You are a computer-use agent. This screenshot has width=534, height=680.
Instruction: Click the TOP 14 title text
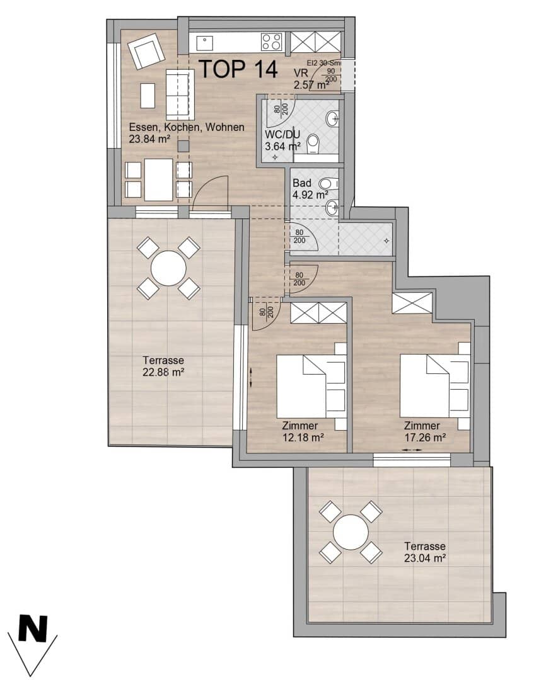(x=238, y=69)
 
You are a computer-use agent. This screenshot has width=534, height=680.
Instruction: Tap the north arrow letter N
(x=33, y=628)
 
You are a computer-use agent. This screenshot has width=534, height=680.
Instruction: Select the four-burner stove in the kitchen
(x=272, y=42)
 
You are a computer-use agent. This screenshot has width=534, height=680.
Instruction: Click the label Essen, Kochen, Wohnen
(x=186, y=127)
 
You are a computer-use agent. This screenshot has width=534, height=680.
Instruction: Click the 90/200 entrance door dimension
(x=330, y=75)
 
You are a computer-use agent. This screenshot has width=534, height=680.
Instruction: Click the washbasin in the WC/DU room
(x=334, y=118)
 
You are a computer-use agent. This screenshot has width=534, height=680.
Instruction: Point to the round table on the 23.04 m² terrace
(x=351, y=532)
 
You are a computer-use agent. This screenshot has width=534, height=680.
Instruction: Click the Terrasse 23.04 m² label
(x=426, y=552)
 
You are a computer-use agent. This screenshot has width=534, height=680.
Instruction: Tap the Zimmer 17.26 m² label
(x=425, y=431)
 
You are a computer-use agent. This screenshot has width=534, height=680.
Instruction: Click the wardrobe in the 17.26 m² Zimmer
(x=412, y=303)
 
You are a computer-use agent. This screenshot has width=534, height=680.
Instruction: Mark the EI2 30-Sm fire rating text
(x=323, y=63)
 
